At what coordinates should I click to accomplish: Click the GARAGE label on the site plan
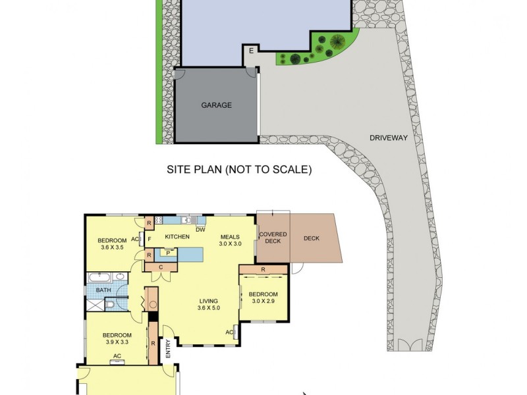pyautogui.click(x=216, y=105)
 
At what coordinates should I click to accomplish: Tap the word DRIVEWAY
pyautogui.click(x=389, y=138)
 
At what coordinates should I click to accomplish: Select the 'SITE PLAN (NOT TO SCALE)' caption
pyautogui.click(x=238, y=170)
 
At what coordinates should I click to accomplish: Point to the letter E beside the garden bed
pyautogui.click(x=251, y=50)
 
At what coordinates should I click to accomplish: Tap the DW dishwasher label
pyautogui.click(x=200, y=230)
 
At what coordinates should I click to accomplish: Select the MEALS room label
pyautogui.click(x=229, y=237)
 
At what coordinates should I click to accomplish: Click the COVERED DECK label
pyautogui.click(x=272, y=238)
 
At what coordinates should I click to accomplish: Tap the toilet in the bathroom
pyautogui.click(x=111, y=305)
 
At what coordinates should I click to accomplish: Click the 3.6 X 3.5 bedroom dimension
pyautogui.click(x=112, y=248)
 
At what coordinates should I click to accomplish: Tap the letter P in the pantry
pyautogui.click(x=168, y=252)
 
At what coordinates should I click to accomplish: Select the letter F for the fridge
pyautogui.click(x=150, y=238)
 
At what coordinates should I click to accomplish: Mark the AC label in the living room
pyautogui.click(x=230, y=332)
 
